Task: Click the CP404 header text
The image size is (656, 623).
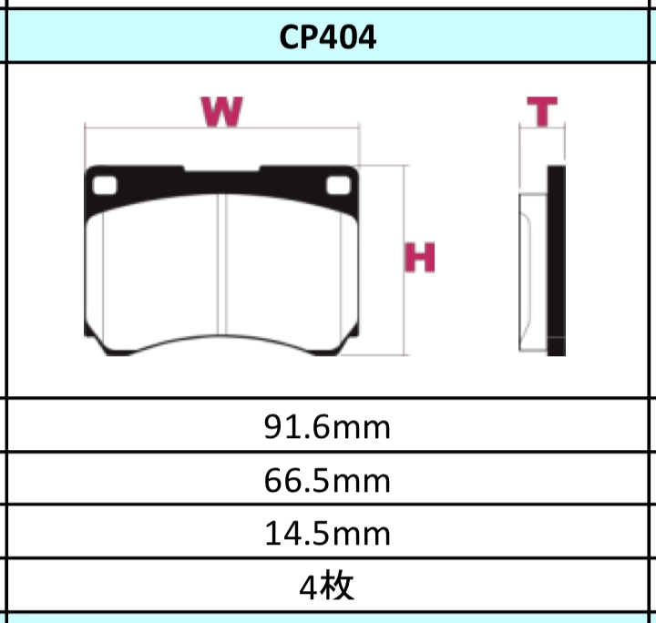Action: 328,37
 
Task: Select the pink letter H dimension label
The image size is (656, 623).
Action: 421,259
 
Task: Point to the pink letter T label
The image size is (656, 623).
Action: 543,112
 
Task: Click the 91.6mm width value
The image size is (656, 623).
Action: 328,426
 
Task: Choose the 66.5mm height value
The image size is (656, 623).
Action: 328,479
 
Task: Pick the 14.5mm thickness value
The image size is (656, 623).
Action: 328,533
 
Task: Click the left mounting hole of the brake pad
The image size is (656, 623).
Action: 106,184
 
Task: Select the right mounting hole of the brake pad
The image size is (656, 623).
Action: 339,184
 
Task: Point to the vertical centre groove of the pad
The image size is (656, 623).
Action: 222,264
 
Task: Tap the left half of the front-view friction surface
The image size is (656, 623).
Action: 159,273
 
